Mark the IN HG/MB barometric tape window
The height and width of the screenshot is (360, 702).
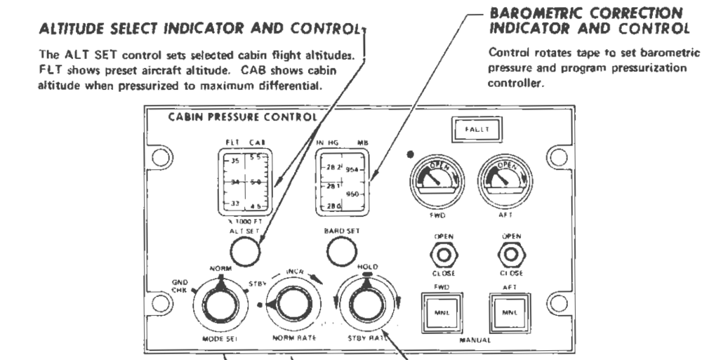click(x=341, y=181)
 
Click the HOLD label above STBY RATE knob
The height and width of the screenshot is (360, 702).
click(x=364, y=268)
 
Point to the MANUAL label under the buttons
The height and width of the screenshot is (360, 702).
click(x=471, y=341)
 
